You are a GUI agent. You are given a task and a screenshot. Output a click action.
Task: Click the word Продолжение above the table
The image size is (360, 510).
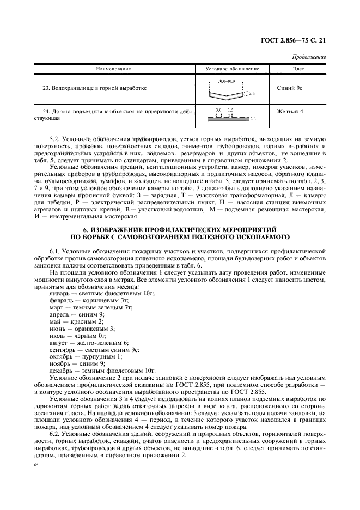(x=309, y=57)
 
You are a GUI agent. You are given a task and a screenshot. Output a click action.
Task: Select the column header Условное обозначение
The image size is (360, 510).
(x=232, y=69)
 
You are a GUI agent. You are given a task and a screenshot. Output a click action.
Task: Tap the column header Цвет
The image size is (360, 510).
(x=298, y=69)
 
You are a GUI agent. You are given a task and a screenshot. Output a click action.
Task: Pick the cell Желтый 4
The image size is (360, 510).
(x=290, y=112)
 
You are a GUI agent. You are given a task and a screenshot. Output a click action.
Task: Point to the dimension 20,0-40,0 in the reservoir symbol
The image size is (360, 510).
(x=225, y=81)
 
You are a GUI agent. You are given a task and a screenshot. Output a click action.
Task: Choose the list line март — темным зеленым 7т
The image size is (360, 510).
(x=91, y=308)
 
